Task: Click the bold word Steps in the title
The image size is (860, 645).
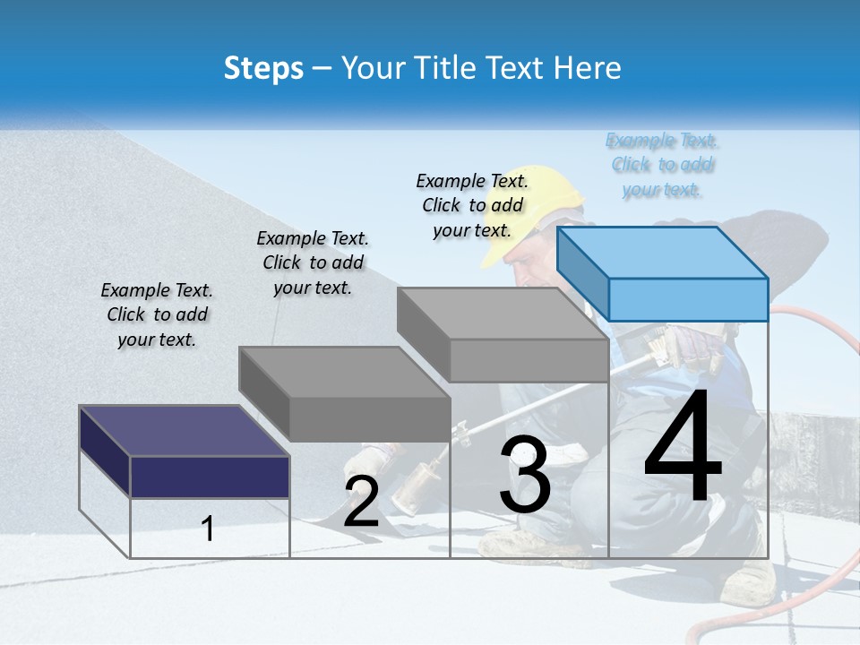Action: (263, 68)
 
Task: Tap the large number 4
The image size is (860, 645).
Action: (683, 448)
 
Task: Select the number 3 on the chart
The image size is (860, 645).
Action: (525, 475)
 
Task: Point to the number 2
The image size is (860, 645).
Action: (361, 503)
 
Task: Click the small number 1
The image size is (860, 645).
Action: (208, 529)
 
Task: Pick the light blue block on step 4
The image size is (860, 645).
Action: (663, 273)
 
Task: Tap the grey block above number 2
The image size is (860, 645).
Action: (346, 394)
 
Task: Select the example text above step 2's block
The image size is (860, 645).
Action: (313, 263)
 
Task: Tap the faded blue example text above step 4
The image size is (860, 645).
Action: (663, 165)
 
